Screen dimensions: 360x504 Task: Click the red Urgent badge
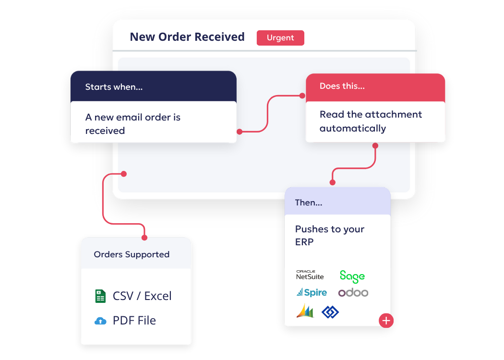280,38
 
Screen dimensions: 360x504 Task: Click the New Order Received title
187,37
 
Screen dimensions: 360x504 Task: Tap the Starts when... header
114,87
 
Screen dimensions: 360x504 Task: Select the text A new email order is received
132,124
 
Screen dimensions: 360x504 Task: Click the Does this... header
342,86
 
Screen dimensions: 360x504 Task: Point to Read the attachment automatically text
371,121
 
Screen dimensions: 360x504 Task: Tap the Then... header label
308,203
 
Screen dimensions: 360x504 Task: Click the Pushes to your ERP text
329,236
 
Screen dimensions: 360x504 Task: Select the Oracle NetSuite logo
310,275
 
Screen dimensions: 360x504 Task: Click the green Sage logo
352,276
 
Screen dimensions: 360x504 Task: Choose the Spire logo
312,292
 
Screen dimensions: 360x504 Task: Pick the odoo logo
353,292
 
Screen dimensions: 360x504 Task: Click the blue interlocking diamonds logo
330,312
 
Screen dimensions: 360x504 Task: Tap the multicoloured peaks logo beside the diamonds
305,311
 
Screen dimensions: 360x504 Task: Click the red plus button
386,321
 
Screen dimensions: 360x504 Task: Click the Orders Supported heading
132,254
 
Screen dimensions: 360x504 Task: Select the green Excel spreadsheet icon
100,296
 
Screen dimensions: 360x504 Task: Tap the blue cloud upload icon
100,321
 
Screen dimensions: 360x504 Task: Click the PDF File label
134,321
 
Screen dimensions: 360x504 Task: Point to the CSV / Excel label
142,296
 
